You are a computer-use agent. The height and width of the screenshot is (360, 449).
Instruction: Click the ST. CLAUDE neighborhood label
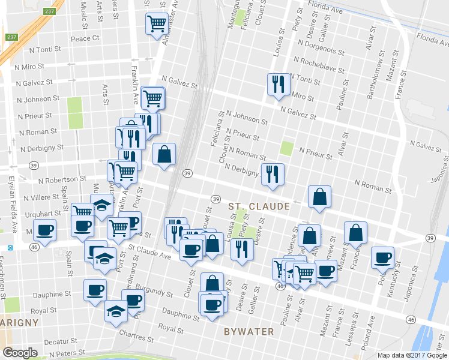coord(259,206)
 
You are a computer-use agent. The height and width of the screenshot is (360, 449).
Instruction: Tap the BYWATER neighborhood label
coord(249,331)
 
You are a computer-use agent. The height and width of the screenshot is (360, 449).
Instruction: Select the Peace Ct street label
coord(85,38)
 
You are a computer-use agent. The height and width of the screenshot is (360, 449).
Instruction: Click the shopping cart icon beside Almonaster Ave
coord(156,24)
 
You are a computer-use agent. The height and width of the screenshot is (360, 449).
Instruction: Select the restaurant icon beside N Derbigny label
coord(273,173)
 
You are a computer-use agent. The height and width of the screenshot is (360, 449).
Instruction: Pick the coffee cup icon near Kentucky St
coord(382,257)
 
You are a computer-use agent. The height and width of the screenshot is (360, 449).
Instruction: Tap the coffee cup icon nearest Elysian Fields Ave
coord(44,229)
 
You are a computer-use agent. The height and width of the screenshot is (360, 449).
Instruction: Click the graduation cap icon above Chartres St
coord(116,311)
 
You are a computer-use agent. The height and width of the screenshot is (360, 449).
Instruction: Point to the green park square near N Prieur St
coord(287,148)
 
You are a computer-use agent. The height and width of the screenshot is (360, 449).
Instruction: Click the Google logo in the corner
coord(20,353)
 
